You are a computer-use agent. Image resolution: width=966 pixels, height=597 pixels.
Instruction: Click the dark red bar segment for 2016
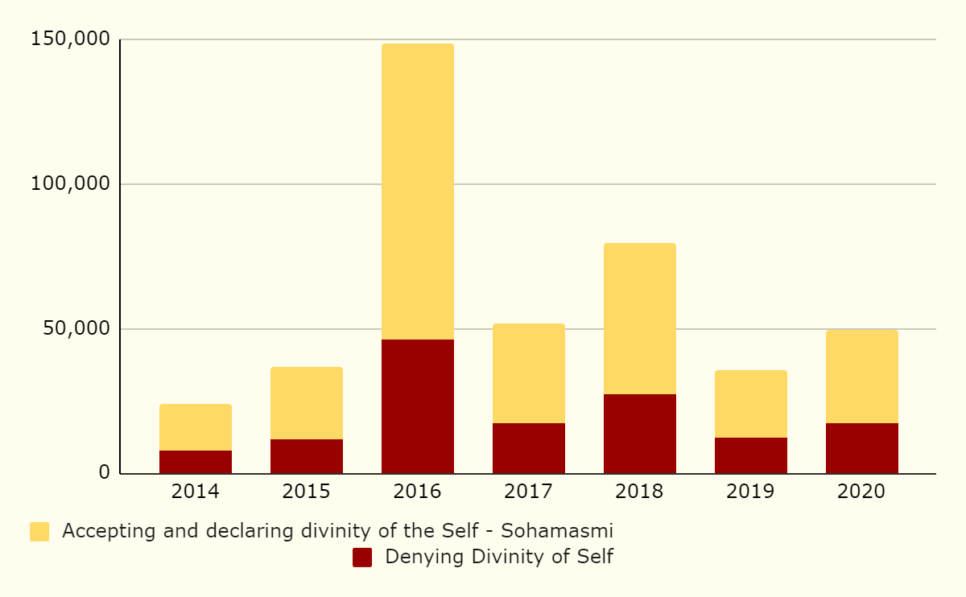417,406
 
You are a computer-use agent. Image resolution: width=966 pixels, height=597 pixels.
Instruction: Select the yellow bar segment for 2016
417,191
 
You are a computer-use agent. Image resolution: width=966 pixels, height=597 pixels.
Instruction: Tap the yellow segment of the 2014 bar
196,427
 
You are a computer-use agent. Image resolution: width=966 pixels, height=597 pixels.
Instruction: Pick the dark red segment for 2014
196,462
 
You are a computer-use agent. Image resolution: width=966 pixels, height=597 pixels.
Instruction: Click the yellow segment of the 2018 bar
639,319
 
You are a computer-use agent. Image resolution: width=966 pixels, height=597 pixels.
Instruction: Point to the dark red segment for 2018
639,434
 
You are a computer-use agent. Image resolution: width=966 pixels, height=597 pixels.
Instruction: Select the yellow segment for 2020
861,377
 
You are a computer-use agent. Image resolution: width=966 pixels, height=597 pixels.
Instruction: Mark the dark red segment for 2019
750,455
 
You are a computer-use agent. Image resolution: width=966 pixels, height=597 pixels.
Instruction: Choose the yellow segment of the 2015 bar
307,403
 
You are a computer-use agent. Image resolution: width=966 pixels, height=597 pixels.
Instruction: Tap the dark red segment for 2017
528,448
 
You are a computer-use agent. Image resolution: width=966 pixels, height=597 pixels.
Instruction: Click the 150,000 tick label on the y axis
69,39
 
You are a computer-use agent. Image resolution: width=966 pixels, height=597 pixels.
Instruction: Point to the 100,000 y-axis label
69,183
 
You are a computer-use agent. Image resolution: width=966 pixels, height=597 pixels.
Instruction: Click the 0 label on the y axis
104,473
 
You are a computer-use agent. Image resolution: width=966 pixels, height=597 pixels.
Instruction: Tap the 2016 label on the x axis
417,492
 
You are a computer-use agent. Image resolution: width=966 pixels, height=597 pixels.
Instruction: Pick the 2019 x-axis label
750,492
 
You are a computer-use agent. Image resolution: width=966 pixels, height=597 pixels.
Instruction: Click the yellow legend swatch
39,532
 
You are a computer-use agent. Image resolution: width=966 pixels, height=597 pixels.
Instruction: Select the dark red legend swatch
362,558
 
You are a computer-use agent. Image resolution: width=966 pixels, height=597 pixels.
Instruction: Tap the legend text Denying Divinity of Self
499,557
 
